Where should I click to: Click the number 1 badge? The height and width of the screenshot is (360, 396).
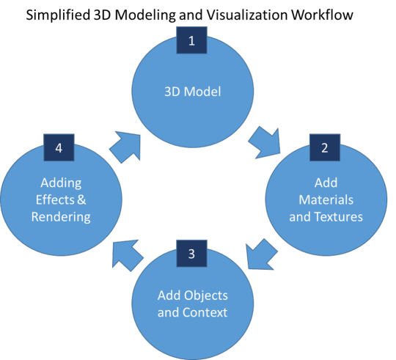pos(191,40)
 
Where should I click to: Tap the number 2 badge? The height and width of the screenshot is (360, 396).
pos(325,147)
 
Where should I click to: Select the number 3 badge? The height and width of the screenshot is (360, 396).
pos(191,254)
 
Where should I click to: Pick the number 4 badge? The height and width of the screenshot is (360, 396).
pos(59,147)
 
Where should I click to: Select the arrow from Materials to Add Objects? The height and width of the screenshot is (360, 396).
pos(260,255)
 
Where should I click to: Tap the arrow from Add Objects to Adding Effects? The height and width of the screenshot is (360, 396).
pos(127,255)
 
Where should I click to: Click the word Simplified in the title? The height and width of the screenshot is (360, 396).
pos(58,15)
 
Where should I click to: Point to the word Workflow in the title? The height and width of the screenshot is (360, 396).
pos(322,15)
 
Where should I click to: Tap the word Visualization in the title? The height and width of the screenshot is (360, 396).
pos(247,15)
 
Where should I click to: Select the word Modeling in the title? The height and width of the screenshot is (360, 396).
pos(145,15)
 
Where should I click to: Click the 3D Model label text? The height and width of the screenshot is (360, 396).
pos(193,92)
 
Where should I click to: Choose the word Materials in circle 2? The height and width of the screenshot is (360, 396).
pos(326,200)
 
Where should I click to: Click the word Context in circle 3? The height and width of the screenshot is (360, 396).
pos(205,312)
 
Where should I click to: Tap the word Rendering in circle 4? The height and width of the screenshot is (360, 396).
pos(61,217)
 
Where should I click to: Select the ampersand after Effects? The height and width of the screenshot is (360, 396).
pos(81,200)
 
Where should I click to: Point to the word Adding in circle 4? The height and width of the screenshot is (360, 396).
pos(61,183)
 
